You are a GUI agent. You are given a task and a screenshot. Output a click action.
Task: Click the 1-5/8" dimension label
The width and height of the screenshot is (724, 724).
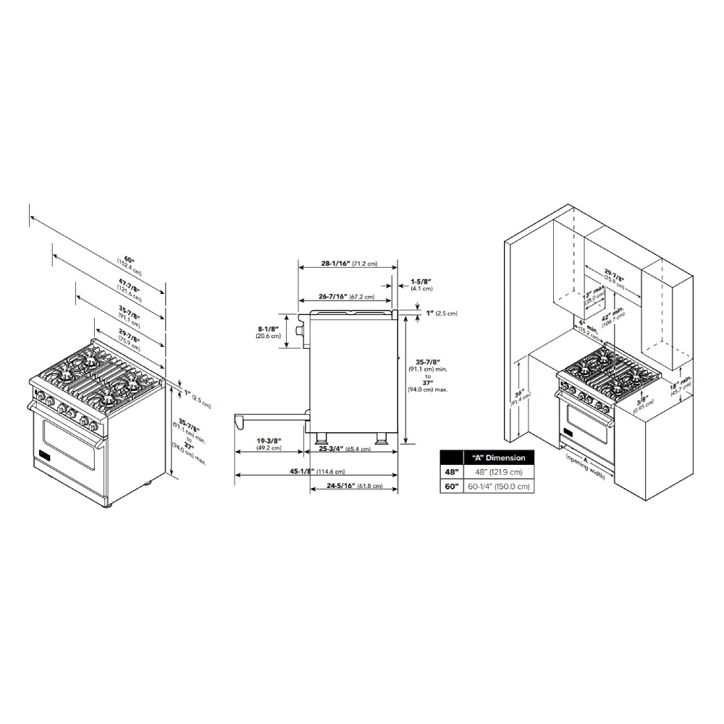(421, 281)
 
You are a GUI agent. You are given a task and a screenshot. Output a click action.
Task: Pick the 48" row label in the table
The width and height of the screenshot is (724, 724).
(452, 472)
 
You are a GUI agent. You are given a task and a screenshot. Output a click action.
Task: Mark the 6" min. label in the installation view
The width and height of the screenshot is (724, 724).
(587, 328)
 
